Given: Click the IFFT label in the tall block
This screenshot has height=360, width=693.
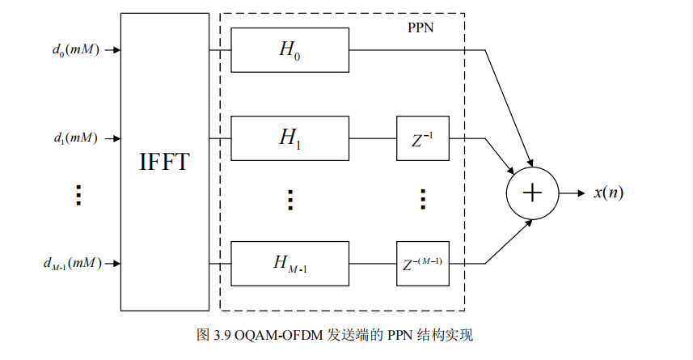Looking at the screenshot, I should click(x=165, y=162).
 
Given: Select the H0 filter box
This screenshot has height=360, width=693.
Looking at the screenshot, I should click(x=289, y=49).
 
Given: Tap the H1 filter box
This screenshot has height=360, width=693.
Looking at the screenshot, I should click(x=289, y=138).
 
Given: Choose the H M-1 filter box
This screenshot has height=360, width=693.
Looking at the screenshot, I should click(x=289, y=263).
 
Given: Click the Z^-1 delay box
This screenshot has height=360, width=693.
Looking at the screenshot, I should click(x=422, y=138).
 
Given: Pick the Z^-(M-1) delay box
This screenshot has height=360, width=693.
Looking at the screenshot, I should click(x=422, y=263).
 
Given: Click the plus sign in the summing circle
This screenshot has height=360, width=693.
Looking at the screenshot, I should click(x=532, y=193).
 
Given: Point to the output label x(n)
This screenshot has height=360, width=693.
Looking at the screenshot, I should click(x=608, y=193).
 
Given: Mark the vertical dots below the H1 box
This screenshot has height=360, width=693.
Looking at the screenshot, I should click(x=289, y=199).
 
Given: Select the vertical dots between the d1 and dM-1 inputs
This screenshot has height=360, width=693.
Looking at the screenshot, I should click(x=78, y=195).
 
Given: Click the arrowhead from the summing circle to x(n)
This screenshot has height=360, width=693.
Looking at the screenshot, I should click(x=581, y=193).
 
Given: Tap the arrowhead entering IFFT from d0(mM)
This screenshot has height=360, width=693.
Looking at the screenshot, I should click(x=116, y=49).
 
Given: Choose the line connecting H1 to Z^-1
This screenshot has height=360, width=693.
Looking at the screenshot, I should click(x=372, y=138).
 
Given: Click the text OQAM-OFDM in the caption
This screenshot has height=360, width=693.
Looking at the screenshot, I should click(x=280, y=335).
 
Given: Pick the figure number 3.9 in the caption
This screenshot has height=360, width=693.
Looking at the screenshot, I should click(x=222, y=335).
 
